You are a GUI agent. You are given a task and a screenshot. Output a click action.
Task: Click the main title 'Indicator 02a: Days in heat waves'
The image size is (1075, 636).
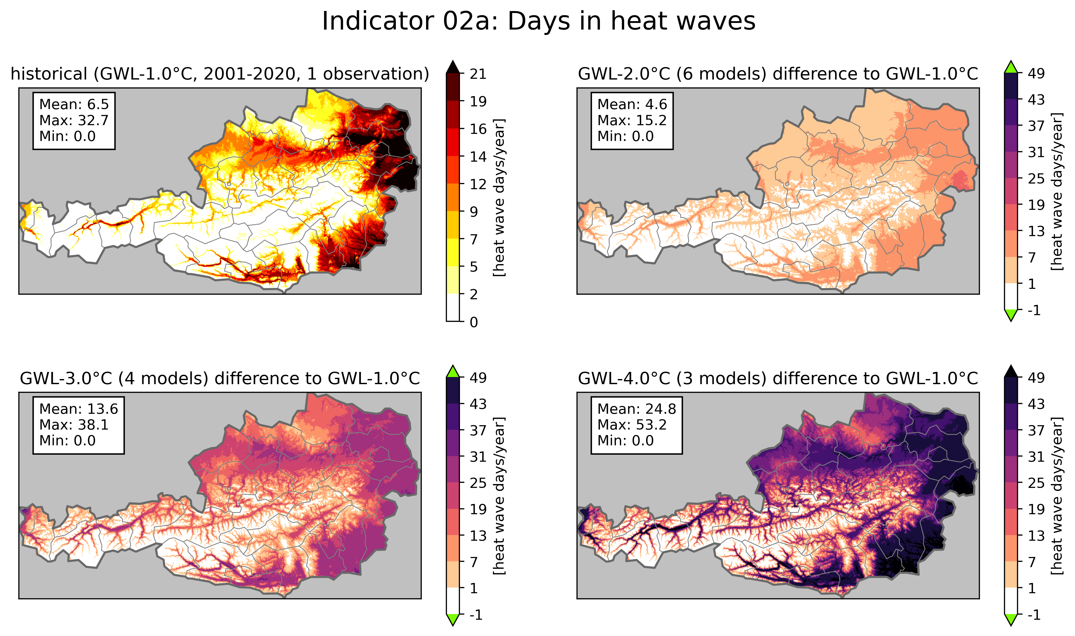(x=538, y=21)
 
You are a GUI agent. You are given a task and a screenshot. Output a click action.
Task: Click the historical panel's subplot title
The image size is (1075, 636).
(x=220, y=74)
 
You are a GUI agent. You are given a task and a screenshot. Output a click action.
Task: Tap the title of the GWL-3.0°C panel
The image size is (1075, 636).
(x=220, y=379)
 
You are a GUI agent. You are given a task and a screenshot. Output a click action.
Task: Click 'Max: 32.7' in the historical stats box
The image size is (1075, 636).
(x=74, y=120)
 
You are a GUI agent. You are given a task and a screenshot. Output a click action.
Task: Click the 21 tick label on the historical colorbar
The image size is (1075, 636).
(x=478, y=74)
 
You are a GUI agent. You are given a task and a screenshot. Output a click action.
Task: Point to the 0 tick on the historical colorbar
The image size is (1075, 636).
(x=473, y=322)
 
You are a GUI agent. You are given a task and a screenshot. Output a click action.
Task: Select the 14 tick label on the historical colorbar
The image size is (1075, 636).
(x=478, y=157)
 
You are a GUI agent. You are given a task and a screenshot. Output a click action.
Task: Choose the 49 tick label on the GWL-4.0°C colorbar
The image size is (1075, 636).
(x=1036, y=378)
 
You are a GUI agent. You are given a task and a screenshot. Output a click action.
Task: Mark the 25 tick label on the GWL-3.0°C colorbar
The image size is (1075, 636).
(x=478, y=483)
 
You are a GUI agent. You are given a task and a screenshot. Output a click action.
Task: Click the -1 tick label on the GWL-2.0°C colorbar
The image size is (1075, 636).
(x=1034, y=310)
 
